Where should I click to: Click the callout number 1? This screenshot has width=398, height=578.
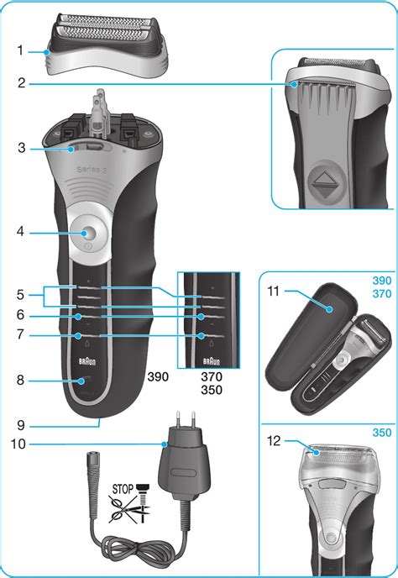19,50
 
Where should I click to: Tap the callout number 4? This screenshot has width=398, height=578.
19,229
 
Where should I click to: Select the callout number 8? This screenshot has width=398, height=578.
19,381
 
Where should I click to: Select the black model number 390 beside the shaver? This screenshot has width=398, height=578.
158,377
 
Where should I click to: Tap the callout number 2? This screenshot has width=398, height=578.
19,82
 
